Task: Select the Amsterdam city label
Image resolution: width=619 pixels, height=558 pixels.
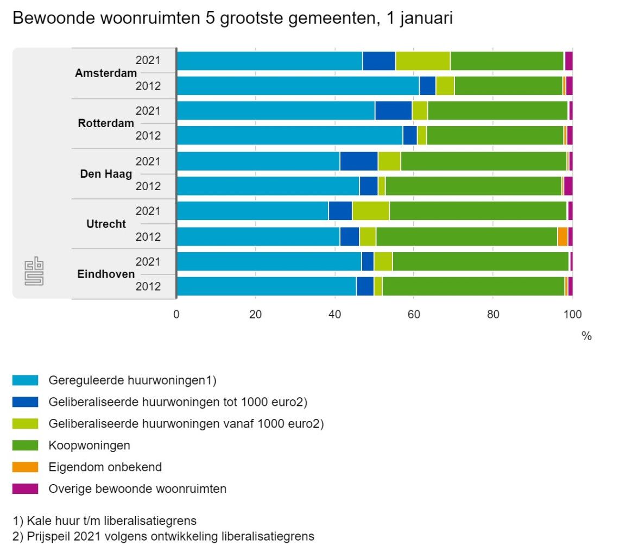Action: [x=106, y=73]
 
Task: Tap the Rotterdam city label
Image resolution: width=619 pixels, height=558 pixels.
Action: [x=106, y=123]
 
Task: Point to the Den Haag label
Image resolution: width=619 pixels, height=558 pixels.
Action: [x=106, y=174]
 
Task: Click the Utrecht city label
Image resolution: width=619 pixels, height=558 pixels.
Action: [x=106, y=224]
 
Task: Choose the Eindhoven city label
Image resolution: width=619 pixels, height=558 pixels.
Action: [x=106, y=274]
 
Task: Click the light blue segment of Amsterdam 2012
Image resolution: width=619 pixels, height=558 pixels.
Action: [x=298, y=86]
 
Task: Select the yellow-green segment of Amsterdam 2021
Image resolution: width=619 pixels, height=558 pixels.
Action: [x=422, y=61]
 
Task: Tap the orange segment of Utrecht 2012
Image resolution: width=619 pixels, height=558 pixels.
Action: [x=563, y=236]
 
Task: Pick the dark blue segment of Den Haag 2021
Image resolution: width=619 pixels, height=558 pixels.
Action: [x=358, y=161]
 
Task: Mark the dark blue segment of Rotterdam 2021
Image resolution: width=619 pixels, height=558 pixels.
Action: [x=393, y=111]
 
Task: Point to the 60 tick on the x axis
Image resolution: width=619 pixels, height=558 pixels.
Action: [x=413, y=314]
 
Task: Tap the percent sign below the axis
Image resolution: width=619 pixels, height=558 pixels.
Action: [x=586, y=336]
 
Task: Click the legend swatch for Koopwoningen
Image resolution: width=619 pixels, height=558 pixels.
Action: [x=25, y=446]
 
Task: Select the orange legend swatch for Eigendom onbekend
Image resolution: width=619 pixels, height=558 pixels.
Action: [x=25, y=467]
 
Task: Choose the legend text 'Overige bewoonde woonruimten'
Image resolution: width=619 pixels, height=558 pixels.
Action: [x=137, y=489]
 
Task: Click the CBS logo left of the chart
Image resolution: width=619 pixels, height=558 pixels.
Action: [x=34, y=273]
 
